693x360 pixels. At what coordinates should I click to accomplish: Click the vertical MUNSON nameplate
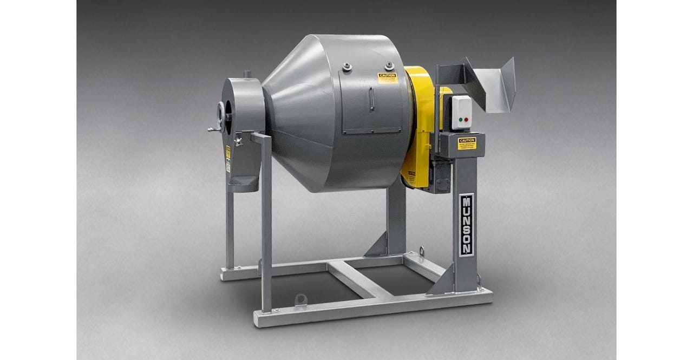[466, 224]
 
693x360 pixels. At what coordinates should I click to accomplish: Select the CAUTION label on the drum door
[387, 78]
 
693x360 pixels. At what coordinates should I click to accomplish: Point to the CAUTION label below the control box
[467, 143]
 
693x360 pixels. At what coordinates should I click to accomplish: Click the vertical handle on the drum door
[372, 100]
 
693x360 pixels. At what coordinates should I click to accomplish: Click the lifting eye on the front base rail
[300, 299]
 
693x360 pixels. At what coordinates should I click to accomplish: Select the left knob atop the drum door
[347, 68]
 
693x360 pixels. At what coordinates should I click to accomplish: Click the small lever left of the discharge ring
[212, 129]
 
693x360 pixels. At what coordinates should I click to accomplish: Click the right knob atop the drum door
[389, 65]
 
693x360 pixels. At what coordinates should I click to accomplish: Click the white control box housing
[462, 113]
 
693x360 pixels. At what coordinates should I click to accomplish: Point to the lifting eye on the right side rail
[421, 252]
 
